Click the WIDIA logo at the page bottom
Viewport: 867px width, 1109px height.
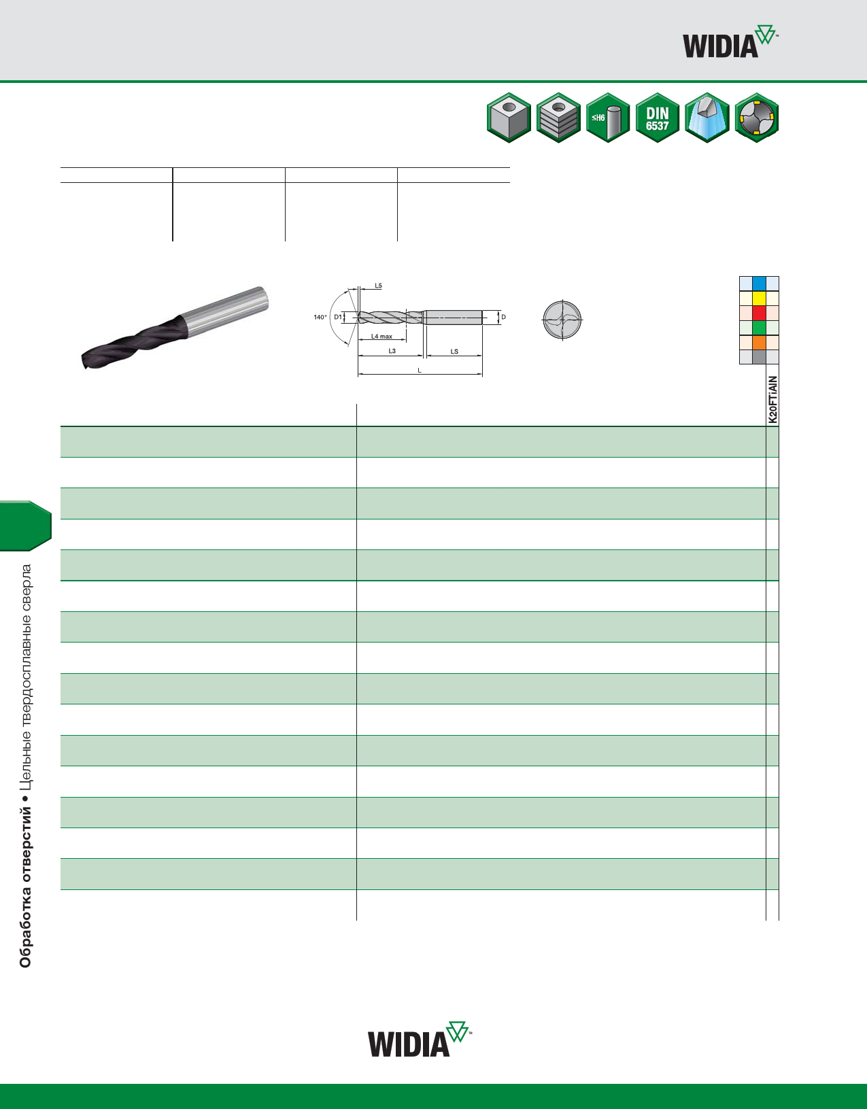click(x=420, y=1039)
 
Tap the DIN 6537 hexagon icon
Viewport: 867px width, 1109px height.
click(x=657, y=118)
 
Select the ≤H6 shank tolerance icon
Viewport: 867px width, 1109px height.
click(x=607, y=118)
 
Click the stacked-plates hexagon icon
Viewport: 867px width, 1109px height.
click(x=558, y=118)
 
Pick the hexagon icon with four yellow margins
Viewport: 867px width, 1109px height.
click(x=756, y=118)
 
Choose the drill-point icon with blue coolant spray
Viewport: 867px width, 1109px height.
click(x=707, y=118)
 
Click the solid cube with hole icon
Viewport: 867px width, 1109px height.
click(x=509, y=118)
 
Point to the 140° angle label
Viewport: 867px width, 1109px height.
click(x=320, y=317)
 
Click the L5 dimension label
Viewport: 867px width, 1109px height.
click(x=378, y=286)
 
